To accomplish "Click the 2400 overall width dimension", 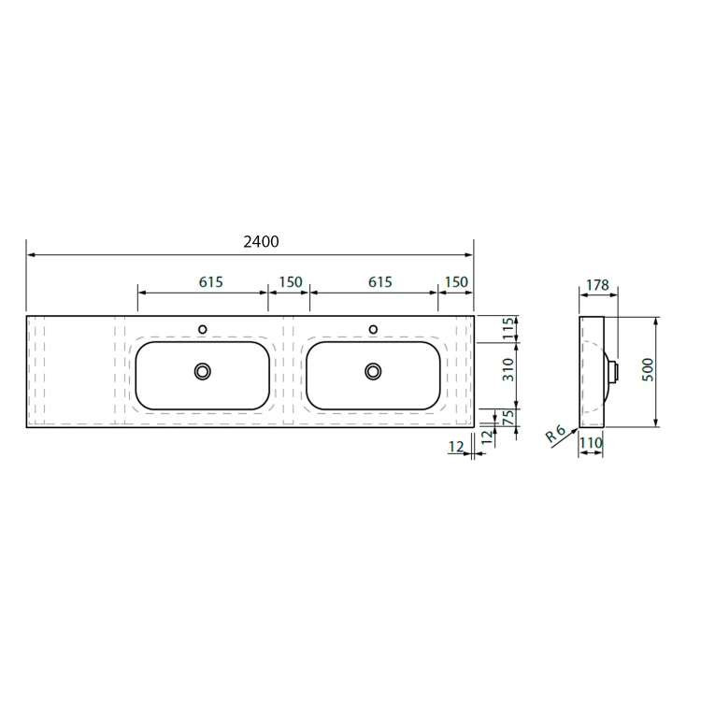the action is point(261,242).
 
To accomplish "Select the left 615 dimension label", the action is point(210,282).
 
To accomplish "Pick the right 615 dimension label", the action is point(380,282).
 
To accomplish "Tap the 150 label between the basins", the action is point(291,282).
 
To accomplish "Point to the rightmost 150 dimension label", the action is point(456,282).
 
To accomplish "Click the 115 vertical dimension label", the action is point(508,329).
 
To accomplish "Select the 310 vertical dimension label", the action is point(508,370).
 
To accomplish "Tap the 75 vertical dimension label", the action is point(508,418).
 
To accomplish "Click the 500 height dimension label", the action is point(648,370).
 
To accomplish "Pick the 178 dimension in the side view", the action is point(598,285).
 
